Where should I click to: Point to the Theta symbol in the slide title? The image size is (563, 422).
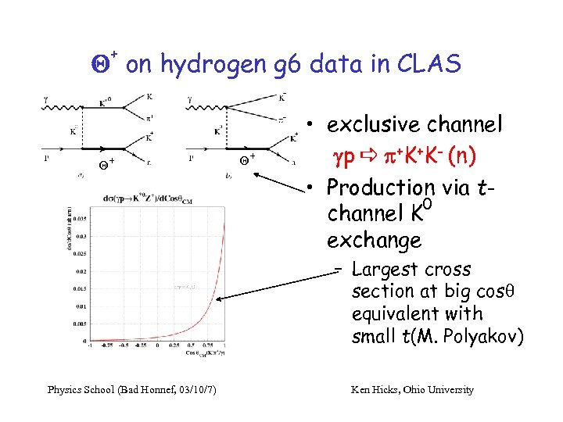point(100,66)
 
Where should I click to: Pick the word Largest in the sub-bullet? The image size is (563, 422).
point(383,270)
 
